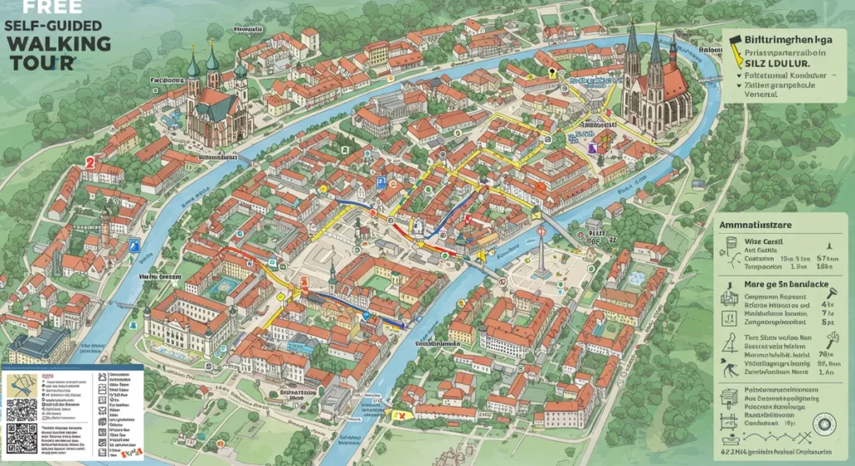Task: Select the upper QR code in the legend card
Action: pyautogui.click(x=23, y=409)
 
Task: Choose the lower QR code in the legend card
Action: pyautogui.click(x=23, y=438)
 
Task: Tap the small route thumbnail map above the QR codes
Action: pyautogui.click(x=23, y=383)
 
